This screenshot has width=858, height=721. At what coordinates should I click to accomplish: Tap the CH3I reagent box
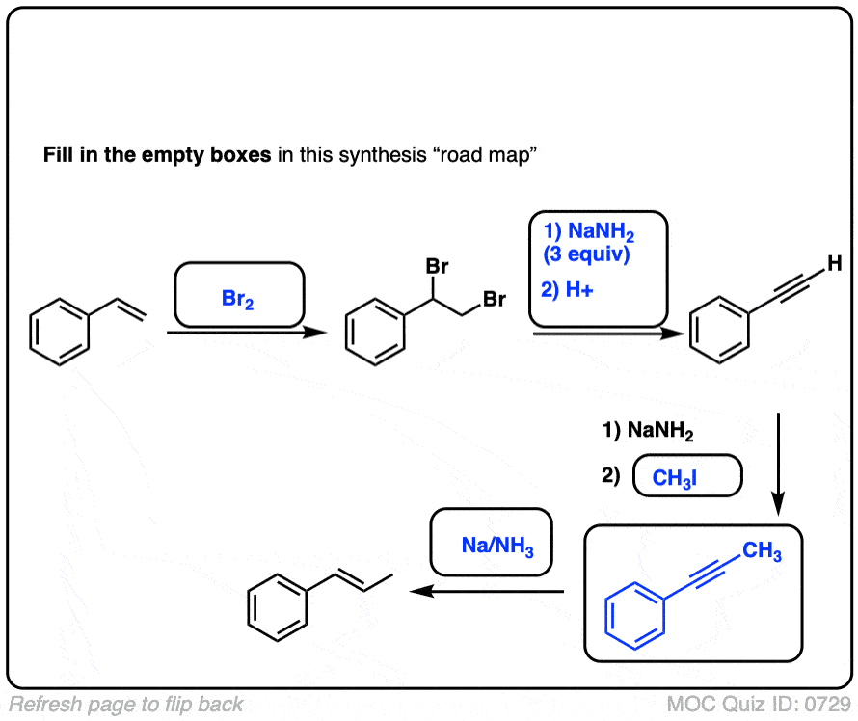(686, 477)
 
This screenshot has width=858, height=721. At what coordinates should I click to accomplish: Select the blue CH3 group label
(762, 552)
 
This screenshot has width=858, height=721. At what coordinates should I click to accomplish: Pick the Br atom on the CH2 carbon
(495, 300)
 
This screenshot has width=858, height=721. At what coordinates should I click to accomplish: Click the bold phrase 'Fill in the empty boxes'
(157, 155)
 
